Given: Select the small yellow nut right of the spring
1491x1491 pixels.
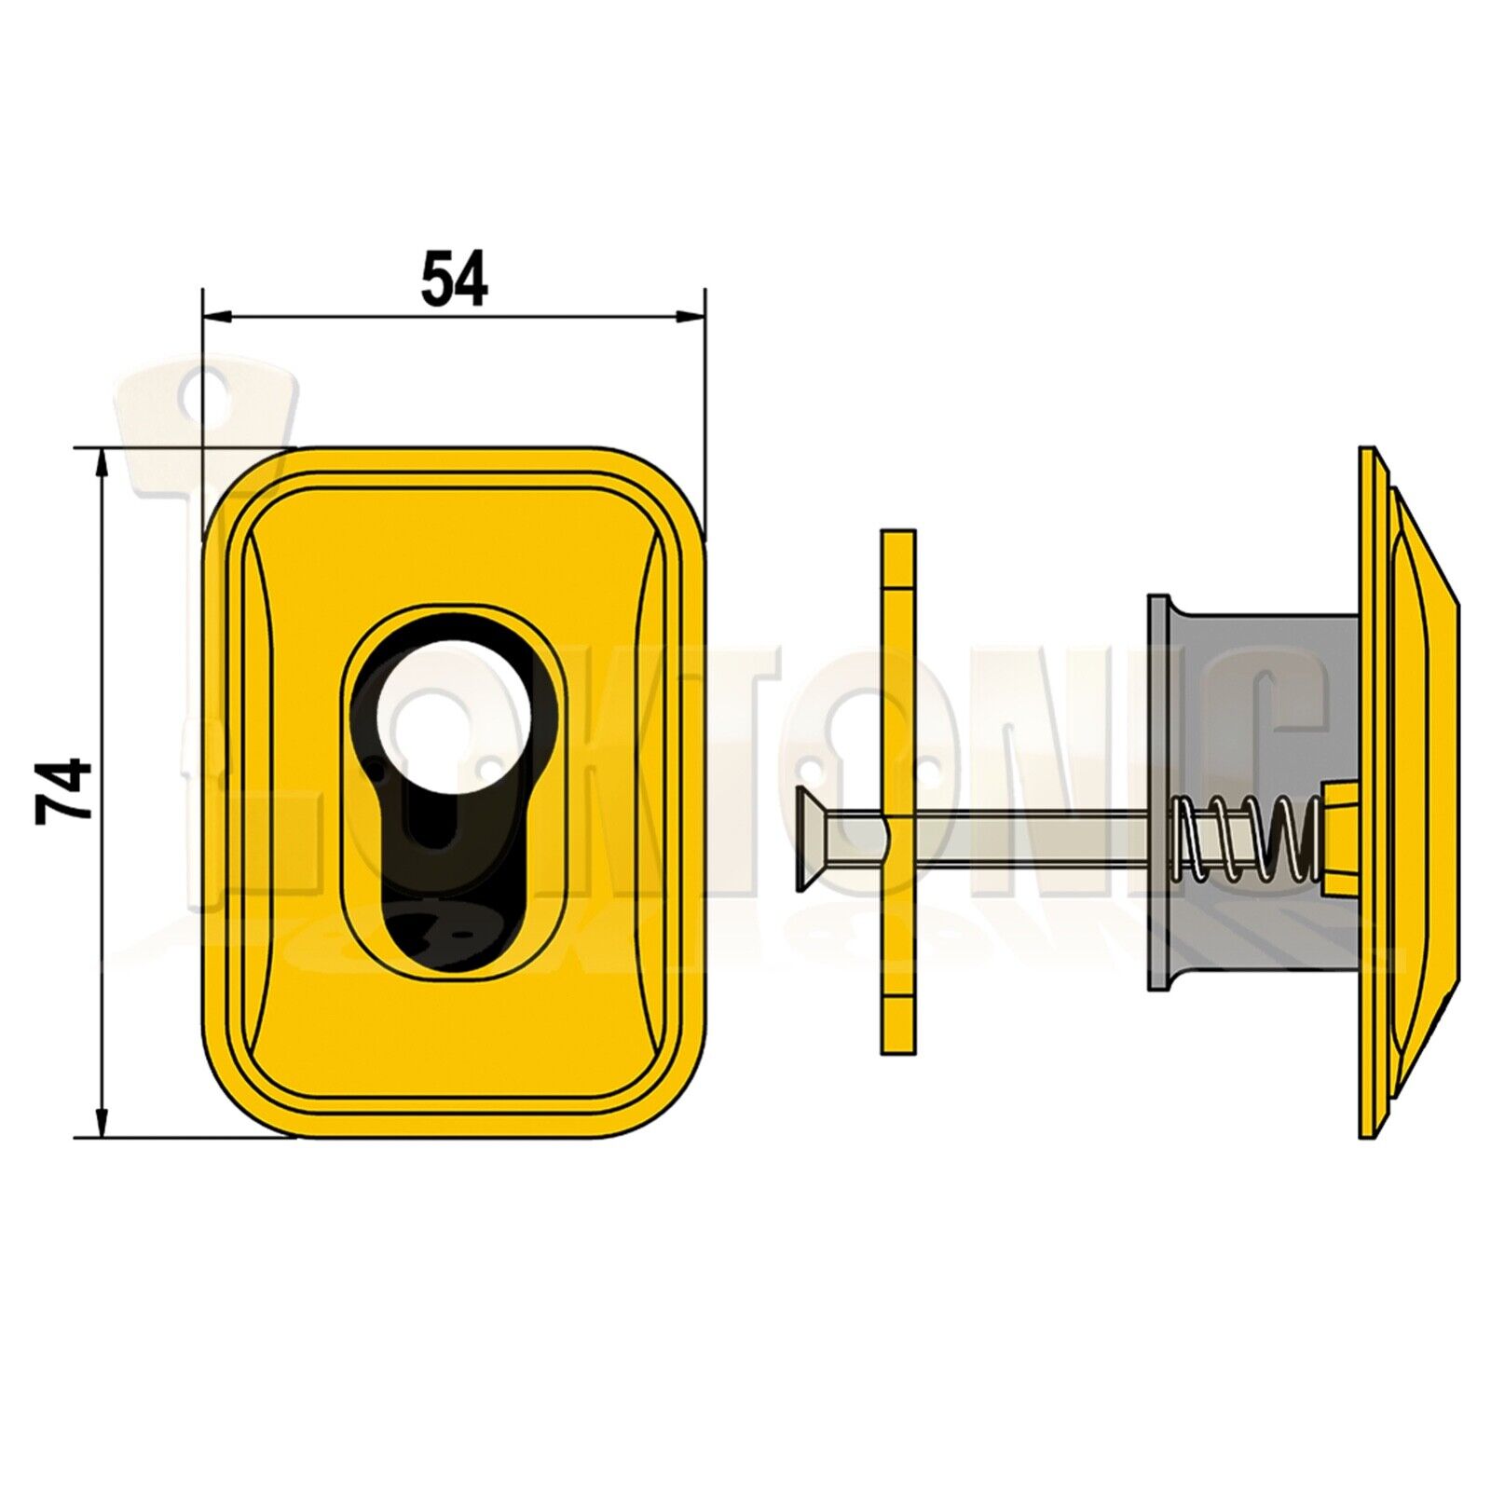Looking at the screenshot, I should pos(1335,835).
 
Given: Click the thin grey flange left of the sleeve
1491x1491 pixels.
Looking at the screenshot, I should pos(1157,792).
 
